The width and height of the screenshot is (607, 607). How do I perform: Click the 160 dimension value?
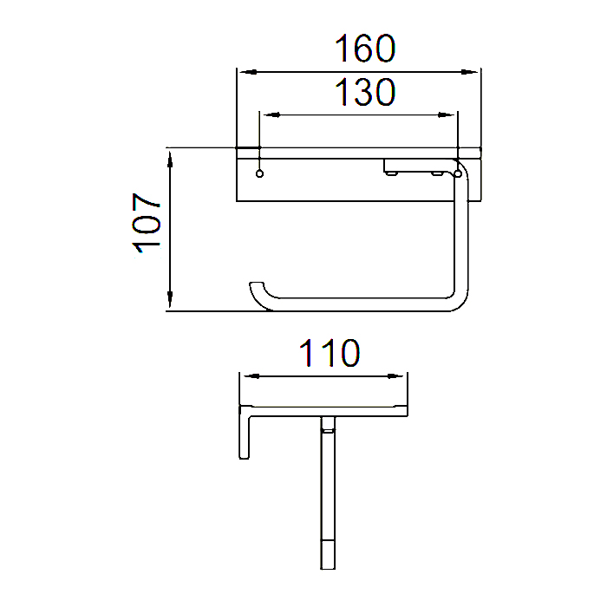coord(365,49)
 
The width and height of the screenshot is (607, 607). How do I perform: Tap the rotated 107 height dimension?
coord(148,223)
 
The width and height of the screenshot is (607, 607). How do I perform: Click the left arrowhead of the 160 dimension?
coord(244,70)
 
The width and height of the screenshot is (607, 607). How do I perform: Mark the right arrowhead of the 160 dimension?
coord(474,70)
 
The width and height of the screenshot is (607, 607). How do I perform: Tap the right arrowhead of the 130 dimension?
coord(451,114)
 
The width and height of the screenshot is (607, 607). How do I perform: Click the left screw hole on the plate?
coord(259,174)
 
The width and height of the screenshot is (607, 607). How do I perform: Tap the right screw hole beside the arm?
coord(458,174)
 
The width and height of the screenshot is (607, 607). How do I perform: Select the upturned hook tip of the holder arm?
coord(255,287)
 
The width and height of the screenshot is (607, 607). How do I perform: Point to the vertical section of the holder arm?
coord(461,243)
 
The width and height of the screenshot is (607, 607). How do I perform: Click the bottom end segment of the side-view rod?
coord(328,552)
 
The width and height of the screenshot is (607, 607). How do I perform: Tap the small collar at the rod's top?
coord(328,425)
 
